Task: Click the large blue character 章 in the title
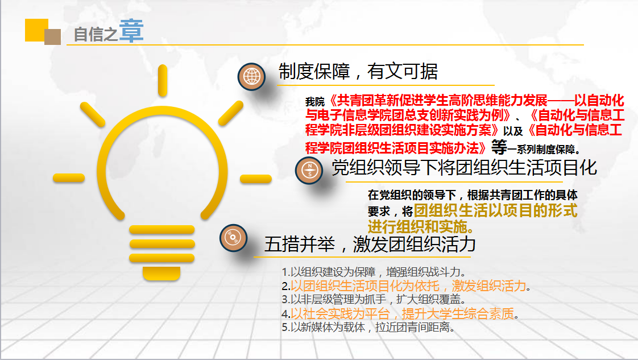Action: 131,31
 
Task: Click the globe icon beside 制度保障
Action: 251,76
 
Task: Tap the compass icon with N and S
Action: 309,170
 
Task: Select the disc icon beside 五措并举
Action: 233,238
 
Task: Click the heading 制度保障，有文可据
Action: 358,72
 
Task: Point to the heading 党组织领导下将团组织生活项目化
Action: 464,168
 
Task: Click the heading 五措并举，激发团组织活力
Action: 370,244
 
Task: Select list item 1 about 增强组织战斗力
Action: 374,272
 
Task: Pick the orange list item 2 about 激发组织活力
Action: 406,286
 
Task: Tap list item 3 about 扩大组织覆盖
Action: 374,299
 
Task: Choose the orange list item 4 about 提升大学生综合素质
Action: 400,313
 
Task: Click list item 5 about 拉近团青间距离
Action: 368,327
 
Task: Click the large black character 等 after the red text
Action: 499,147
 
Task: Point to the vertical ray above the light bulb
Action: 163,81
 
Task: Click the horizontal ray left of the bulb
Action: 69,178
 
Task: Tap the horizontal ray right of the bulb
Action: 255,179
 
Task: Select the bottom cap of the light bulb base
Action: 161,274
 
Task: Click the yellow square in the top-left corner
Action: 36,30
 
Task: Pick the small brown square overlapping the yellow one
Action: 52,37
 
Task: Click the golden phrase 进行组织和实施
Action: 421,226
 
